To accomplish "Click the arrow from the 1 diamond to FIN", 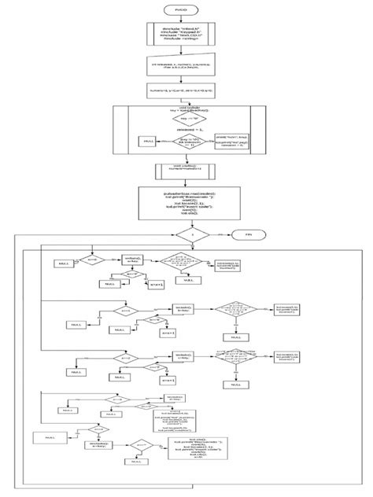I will [220, 234].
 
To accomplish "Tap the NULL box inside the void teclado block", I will [147, 141].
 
